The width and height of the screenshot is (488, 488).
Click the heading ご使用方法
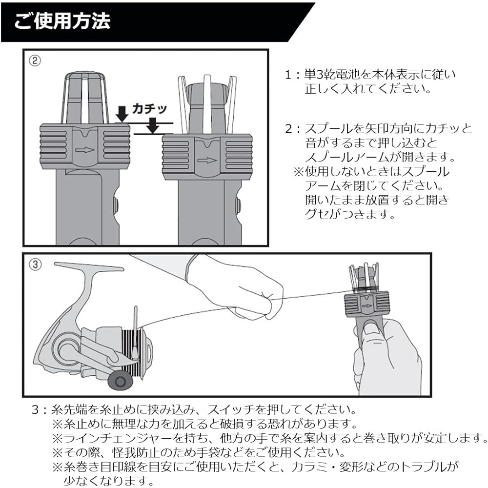pyautogui.click(x=62, y=22)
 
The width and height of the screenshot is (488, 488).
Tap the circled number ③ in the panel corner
pyautogui.click(x=35, y=264)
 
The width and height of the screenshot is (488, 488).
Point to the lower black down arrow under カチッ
pyautogui.click(x=153, y=127)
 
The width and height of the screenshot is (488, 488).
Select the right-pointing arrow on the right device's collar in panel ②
pyautogui.click(x=207, y=160)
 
